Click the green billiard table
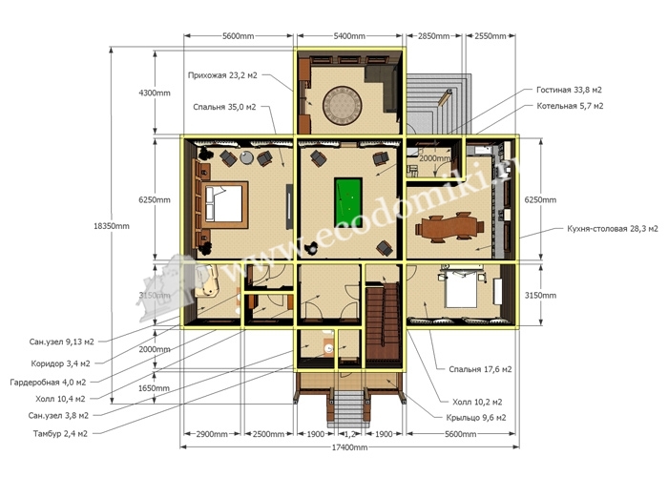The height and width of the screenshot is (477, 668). [x=348, y=201]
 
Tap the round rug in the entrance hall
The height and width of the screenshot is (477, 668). [x=342, y=105]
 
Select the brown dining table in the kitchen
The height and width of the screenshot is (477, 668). [x=450, y=226]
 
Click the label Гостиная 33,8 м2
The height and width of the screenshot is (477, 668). [x=569, y=90]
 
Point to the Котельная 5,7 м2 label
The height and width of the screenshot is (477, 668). [x=570, y=106]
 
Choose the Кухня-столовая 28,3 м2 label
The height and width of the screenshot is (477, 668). [x=613, y=229]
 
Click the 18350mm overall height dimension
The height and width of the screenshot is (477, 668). [x=112, y=226]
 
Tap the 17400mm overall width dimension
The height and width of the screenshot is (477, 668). [x=349, y=447]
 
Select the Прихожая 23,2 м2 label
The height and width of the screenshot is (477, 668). [x=222, y=75]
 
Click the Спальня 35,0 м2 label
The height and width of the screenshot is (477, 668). [x=224, y=107]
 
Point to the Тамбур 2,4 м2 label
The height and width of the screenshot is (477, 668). [x=60, y=433]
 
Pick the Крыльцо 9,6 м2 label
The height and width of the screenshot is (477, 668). [x=476, y=418]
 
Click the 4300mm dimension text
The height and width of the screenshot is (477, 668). [x=155, y=93]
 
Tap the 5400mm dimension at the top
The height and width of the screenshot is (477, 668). [x=349, y=36]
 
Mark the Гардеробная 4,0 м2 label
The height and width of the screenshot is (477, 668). [x=48, y=382]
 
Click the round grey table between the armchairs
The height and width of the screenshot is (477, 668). [x=246, y=157]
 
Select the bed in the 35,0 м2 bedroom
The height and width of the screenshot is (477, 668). [x=224, y=204]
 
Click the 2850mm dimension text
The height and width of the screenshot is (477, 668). [x=433, y=36]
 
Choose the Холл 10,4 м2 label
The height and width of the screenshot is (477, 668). [x=60, y=399]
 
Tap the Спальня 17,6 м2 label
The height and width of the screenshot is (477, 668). [x=480, y=369]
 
